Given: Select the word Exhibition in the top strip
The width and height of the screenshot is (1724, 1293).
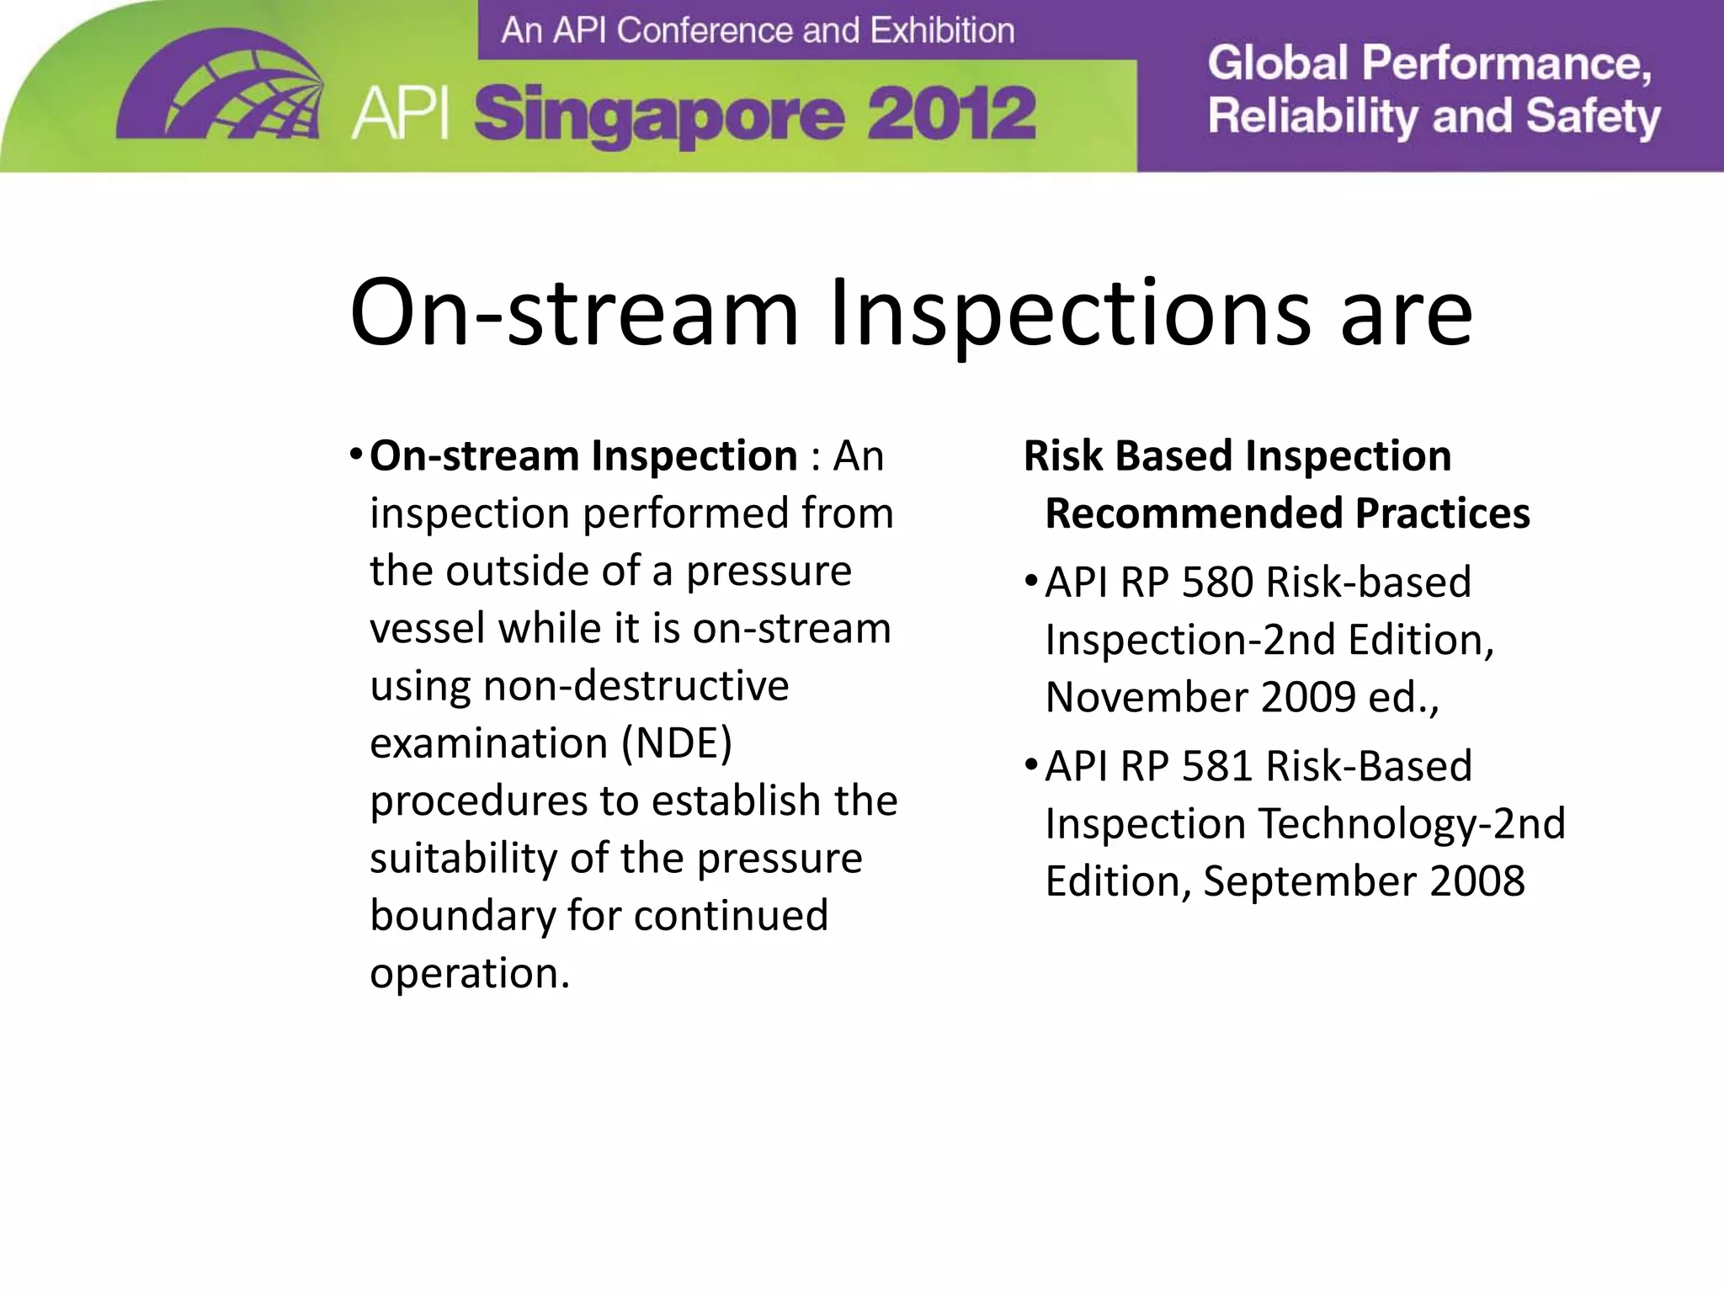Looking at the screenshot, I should coord(942,30).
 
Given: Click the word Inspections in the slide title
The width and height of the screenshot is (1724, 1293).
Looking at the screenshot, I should coord(1069,313).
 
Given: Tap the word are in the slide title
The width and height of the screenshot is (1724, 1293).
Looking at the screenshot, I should coord(1406,313).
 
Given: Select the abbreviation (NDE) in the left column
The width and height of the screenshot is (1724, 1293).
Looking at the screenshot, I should coord(677,743).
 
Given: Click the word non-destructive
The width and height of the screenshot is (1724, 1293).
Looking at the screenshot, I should coord(636,685).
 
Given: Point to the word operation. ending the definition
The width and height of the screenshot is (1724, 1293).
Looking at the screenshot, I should coord(470,973).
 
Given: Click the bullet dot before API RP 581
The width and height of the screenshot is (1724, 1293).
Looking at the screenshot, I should coord(1031,766).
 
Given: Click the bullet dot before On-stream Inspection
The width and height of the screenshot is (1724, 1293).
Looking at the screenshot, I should coord(356,456).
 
